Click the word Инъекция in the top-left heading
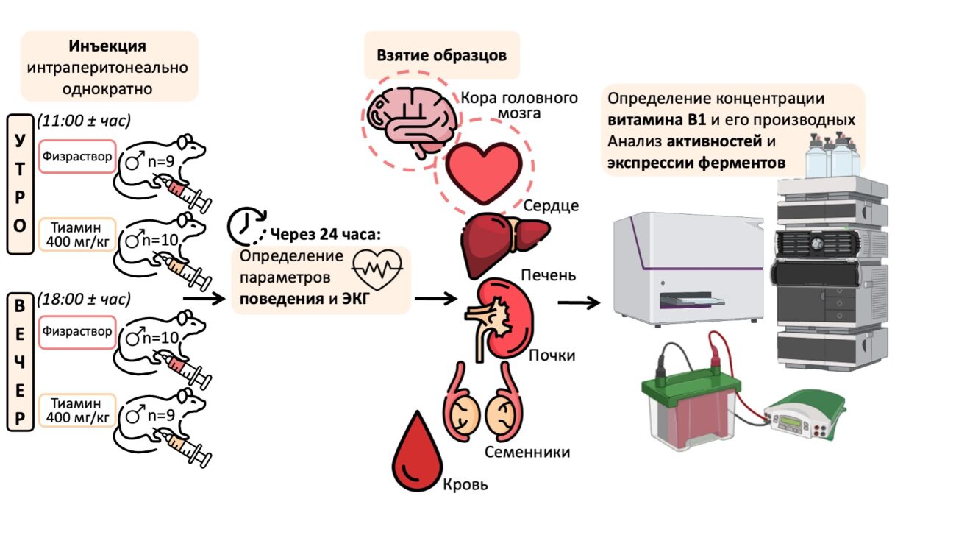click(108, 46)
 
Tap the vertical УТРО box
click(19, 183)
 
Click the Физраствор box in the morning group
click(77, 157)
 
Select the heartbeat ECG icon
click(377, 269)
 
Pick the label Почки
click(552, 356)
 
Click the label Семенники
click(527, 452)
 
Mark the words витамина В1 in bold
click(656, 119)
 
